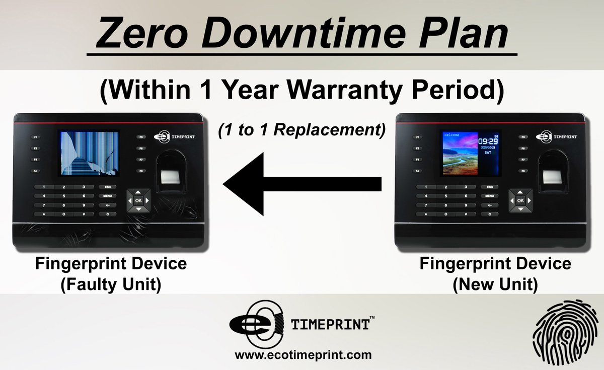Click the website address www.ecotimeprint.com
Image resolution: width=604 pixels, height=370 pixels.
point(303,355)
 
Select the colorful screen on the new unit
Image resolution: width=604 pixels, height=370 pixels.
point(471,154)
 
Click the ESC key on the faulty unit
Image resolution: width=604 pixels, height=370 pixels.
point(107,187)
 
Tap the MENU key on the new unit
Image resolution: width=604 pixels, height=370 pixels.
point(489,196)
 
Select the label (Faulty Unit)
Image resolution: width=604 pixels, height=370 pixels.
point(111,285)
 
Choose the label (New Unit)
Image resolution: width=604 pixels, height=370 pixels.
point(495,285)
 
